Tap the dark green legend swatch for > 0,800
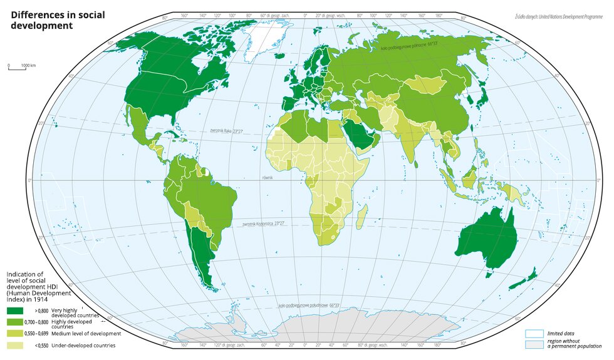click(16, 311)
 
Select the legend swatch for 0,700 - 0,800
click(16, 322)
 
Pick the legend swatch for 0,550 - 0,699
click(16, 334)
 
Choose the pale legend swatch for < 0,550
click(16, 345)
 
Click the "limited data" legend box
click(533, 334)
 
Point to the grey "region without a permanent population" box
click(533, 345)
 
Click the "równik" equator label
click(269, 178)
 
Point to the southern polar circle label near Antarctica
click(309, 306)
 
